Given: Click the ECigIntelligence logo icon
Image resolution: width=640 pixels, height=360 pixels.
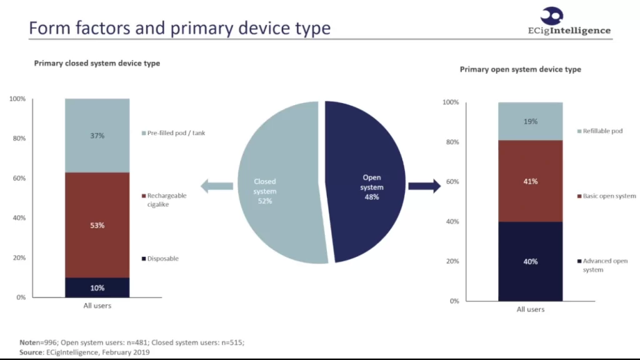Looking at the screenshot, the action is [552, 16].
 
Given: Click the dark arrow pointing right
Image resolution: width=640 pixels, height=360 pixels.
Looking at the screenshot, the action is [424, 186].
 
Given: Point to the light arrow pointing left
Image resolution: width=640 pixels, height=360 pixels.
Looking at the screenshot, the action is [217, 186].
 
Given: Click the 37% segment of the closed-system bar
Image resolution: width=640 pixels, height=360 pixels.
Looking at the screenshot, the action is [97, 136].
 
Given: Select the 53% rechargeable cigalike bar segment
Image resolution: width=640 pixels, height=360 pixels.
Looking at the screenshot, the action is [97, 225].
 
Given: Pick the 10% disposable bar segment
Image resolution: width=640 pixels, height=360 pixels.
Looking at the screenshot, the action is [97, 287].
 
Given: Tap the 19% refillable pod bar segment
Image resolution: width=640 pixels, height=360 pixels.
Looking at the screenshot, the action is [530, 121].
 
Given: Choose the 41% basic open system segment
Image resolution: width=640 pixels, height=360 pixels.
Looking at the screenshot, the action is [530, 181].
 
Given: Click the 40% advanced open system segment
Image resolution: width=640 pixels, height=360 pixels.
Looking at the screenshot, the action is [530, 262].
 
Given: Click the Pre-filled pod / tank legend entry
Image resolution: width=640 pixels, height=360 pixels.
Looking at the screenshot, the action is [174, 133].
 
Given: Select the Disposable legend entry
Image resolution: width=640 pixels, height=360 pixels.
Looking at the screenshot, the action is [160, 258].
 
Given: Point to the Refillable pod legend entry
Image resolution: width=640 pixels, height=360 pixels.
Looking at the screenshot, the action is [600, 131].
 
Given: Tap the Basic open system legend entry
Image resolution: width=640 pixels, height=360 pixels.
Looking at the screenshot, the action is [606, 196].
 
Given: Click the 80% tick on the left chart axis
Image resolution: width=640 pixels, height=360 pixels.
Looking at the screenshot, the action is [19, 138].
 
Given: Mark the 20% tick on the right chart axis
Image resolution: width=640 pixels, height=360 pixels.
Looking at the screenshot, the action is [452, 261].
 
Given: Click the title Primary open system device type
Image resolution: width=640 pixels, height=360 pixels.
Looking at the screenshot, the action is [521, 69].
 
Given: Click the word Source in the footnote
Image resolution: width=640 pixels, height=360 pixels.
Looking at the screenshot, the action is [31, 352].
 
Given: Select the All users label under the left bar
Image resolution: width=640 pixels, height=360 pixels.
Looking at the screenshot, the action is [97, 306].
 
